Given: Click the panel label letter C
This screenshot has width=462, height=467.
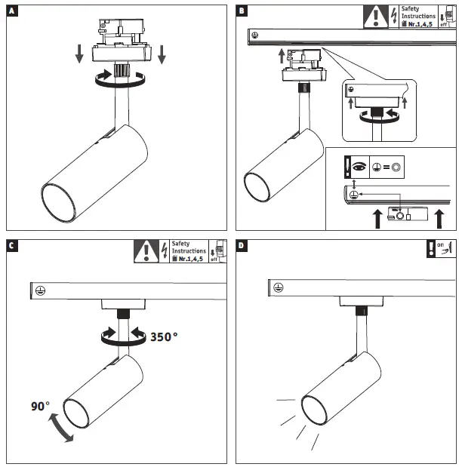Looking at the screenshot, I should point(11,245).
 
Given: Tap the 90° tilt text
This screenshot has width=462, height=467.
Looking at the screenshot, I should point(41,407).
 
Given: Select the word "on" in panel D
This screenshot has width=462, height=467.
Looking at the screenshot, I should point(441,244).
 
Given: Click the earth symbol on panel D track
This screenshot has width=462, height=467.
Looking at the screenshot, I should point(277,286).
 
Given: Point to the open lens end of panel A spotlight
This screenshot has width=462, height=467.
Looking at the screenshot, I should point(59,201).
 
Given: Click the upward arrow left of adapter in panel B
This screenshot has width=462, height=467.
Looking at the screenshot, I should point(280,56).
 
